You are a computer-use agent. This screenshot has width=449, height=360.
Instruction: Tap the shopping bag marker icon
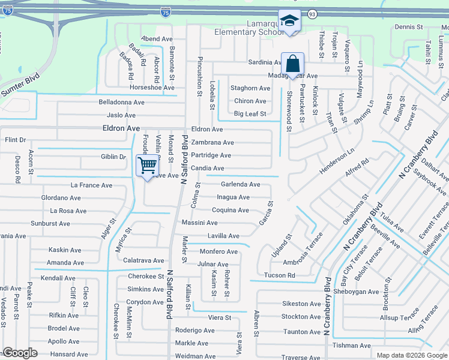coord(292,63)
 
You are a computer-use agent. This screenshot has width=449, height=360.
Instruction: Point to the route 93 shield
coord(312,13)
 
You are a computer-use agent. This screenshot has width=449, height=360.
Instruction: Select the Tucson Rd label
coord(280,275)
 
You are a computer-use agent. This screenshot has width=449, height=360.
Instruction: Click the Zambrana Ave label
coord(212,143)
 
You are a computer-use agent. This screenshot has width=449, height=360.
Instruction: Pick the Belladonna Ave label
coord(122,102)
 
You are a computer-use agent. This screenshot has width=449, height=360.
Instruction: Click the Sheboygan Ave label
coord(357,292)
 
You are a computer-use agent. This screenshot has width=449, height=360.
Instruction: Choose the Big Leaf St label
coord(250,113)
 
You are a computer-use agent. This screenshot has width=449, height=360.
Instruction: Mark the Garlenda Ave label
coord(240,185)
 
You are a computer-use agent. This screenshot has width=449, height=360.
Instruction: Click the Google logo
coord(20,353)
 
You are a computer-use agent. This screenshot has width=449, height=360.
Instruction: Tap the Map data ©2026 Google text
coord(411,355)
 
